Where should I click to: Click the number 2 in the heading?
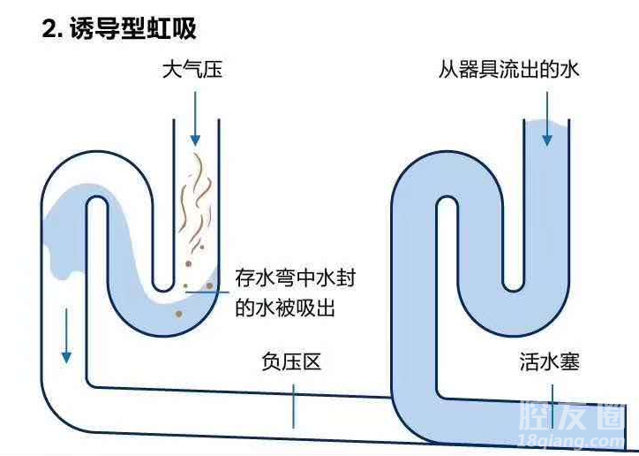click(49, 28)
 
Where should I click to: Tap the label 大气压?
click(192, 69)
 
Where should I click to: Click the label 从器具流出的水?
click(509, 69)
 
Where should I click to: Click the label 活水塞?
click(550, 362)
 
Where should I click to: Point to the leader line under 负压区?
click(294, 405)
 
